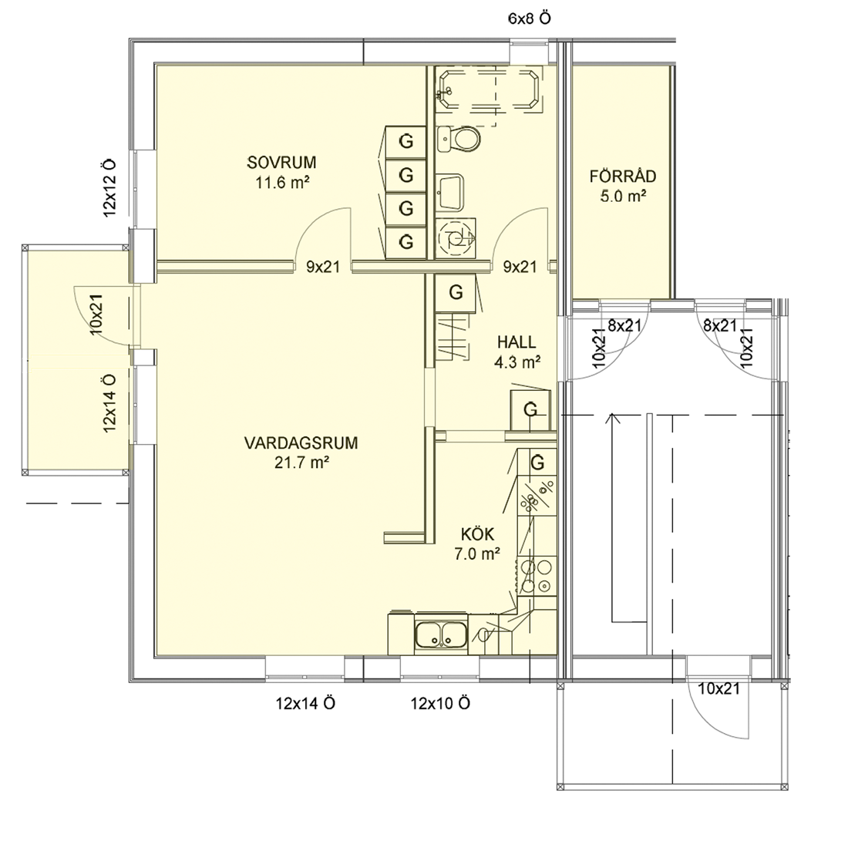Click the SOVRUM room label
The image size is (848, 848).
281,162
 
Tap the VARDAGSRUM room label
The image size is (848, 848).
301,443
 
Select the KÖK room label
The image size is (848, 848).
477,533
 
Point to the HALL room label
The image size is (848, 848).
517,342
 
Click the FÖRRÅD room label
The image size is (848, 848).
623,176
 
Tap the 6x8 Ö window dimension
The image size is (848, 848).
530,19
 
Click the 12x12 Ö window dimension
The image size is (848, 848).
109,188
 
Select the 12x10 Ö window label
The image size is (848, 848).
440,704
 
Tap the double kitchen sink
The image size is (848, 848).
441,634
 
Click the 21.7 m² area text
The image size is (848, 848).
301,463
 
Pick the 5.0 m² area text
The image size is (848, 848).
623,196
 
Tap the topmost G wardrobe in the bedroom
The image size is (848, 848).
406,142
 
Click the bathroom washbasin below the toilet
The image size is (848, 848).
450,192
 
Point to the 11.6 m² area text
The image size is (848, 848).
281,182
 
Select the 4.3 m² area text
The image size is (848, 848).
517,362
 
